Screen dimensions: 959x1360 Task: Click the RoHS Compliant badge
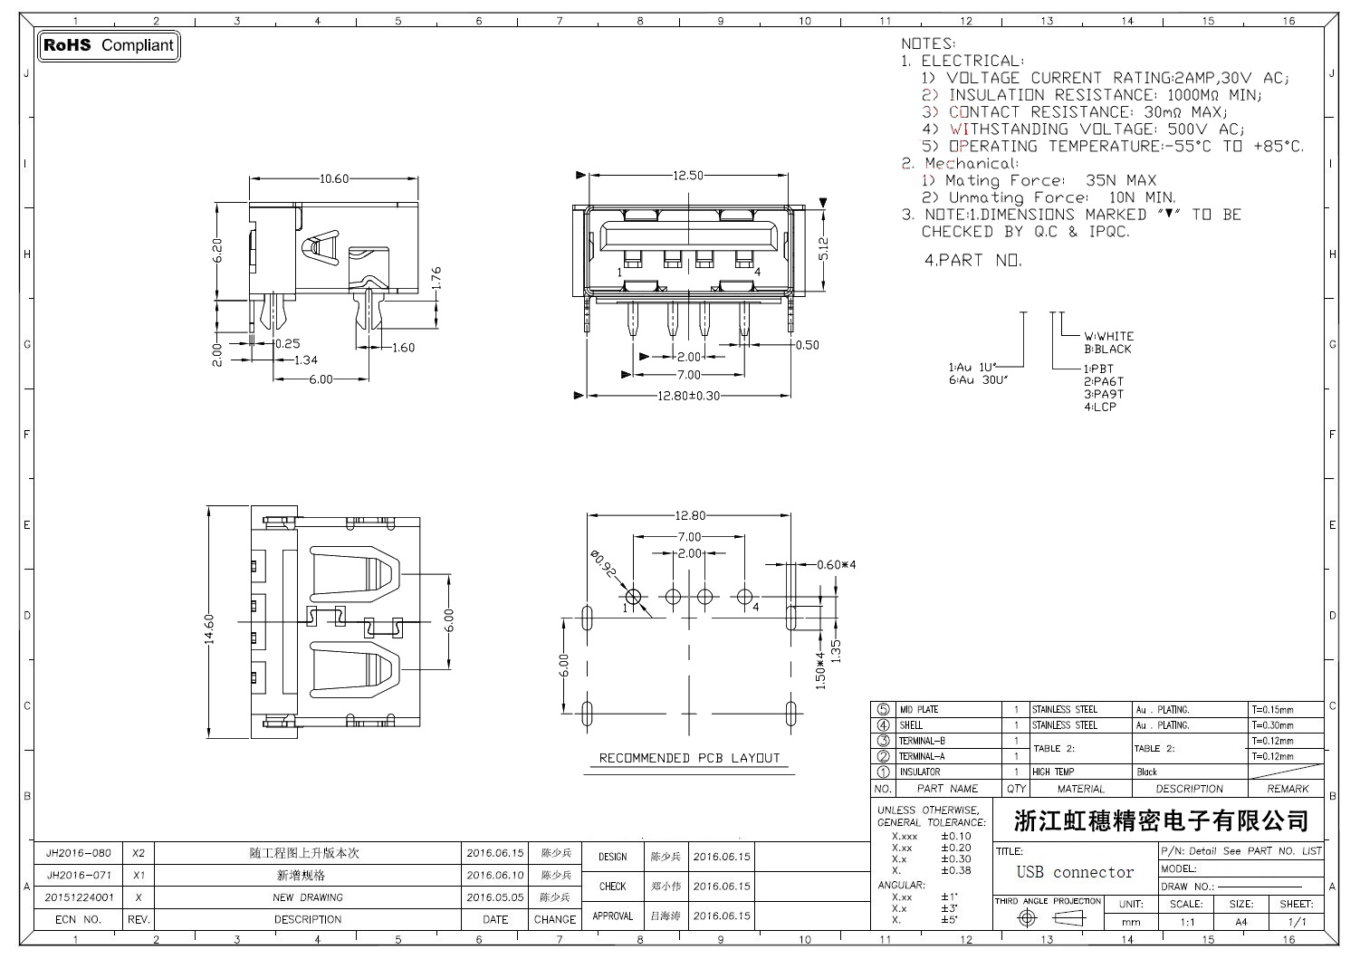(109, 45)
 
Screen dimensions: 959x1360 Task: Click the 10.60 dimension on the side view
(333, 178)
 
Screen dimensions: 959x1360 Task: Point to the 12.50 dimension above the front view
(688, 176)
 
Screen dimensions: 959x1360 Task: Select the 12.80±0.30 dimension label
(689, 396)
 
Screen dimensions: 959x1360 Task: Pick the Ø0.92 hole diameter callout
(604, 566)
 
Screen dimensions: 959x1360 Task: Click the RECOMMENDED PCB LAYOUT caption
(689, 758)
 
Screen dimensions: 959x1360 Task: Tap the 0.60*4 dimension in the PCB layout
(836, 564)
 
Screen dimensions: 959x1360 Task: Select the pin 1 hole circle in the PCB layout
(633, 597)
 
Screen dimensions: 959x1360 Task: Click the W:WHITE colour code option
(1108, 336)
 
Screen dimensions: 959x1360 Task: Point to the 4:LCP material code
(1100, 407)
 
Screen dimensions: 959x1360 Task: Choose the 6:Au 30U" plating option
(979, 380)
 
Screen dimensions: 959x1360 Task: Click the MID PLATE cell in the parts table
(919, 710)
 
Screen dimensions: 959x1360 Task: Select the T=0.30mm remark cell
(1273, 725)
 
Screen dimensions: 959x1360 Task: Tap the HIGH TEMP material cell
(1053, 772)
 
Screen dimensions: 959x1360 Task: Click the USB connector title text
(1075, 872)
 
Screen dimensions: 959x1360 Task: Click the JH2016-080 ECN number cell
(79, 853)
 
